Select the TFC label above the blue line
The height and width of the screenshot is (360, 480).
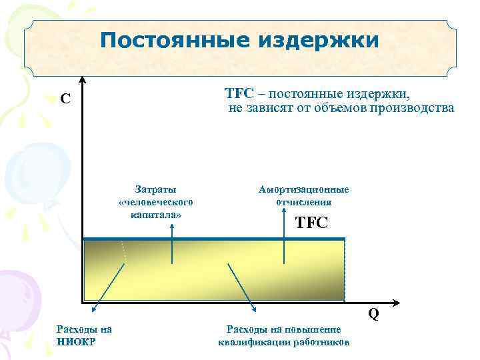point(311,222)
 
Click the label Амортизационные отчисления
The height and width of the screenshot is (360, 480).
point(303,196)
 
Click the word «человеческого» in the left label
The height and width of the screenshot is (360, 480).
point(155,202)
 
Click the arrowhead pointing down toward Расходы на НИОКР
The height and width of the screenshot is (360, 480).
point(94,308)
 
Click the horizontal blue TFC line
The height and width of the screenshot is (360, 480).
point(213,239)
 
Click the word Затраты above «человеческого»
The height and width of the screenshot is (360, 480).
point(155,190)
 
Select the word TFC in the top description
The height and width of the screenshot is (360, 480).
point(236,93)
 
